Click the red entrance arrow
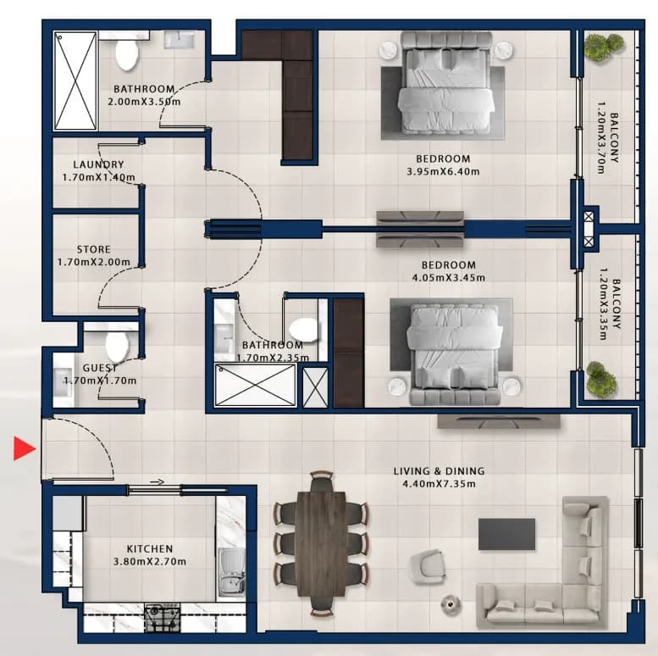pyautogui.click(x=25, y=448)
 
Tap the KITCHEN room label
pyautogui.click(x=150, y=549)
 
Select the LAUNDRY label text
pyautogui.click(x=98, y=164)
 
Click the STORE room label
pyautogui.click(x=94, y=249)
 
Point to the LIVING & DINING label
pyautogui.click(x=439, y=471)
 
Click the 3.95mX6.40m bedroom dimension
pyautogui.click(x=443, y=171)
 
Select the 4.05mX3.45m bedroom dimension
pyautogui.click(x=449, y=278)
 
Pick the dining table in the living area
pyautogui.click(x=322, y=543)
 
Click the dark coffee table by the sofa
pyautogui.click(x=506, y=534)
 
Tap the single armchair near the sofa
pyautogui.click(x=428, y=567)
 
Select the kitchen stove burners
pyautogui.click(x=162, y=617)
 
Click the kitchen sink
pyautogui.click(x=231, y=574)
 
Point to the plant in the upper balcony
pyautogui.click(x=604, y=47)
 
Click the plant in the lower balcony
pyautogui.click(x=602, y=378)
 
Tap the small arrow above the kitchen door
pyautogui.click(x=158, y=481)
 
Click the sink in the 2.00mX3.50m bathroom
pyautogui.click(x=180, y=40)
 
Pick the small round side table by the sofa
pyautogui.click(x=451, y=604)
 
